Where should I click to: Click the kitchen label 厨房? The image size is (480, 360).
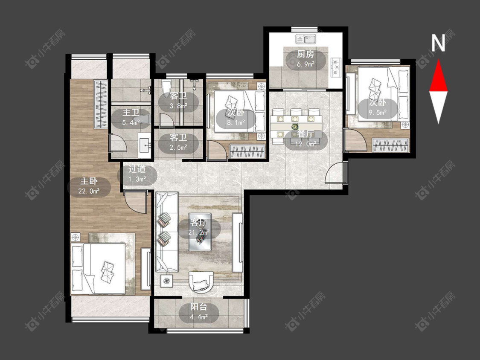[x=305, y=55]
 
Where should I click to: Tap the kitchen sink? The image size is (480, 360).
[x=305, y=39]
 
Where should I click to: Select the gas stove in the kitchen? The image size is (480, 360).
[x=336, y=67]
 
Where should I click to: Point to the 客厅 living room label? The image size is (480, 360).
[x=198, y=223]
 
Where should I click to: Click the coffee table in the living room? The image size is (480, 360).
[x=200, y=232]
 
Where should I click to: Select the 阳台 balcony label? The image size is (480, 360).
[x=199, y=307]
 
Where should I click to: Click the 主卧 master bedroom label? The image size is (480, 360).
[x=89, y=181]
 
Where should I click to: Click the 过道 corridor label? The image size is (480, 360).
[x=137, y=169]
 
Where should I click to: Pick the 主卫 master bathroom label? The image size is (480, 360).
[x=131, y=112]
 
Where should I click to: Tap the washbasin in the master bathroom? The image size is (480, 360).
[x=145, y=146]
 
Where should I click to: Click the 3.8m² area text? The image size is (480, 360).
[x=178, y=106]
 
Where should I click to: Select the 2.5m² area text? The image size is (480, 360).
[x=178, y=148]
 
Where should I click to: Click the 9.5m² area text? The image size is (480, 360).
[x=378, y=112]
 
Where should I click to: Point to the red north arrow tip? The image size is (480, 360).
[x=438, y=59]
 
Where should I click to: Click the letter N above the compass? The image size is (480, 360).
[x=438, y=43]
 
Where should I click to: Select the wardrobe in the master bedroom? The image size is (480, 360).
[x=101, y=105]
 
